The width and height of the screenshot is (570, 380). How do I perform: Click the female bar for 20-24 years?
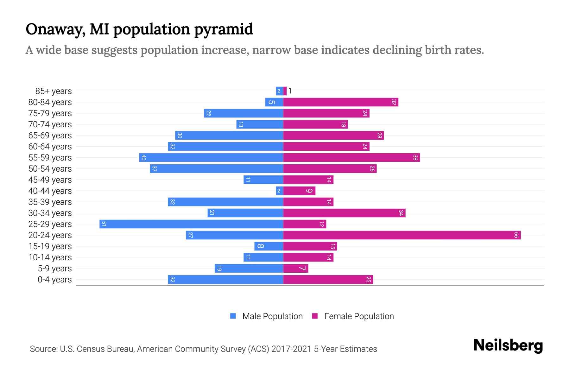point(402,235)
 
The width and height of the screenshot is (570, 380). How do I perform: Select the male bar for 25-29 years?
point(191,224)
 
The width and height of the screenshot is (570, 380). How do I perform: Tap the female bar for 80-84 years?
point(340,102)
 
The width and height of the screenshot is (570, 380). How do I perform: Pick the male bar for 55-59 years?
point(211,157)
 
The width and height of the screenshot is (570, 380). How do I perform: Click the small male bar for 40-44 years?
point(279,191)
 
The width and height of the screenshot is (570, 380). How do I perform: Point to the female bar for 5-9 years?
point(295,268)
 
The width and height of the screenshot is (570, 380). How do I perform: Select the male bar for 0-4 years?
point(225,279)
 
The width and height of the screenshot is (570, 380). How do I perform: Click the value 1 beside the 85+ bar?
point(290,91)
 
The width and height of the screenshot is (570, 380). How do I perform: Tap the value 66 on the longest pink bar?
point(516,235)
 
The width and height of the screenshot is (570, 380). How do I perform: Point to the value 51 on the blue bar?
point(104,224)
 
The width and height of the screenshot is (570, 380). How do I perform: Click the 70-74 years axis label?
point(50,124)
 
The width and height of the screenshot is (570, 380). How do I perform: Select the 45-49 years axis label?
point(50,180)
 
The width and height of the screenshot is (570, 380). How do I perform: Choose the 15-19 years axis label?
point(50,246)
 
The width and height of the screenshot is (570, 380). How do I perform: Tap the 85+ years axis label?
point(54,91)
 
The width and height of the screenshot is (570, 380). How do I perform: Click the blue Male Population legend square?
point(233,316)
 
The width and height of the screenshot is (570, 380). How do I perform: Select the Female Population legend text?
point(359,316)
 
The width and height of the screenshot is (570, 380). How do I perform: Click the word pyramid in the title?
point(223,29)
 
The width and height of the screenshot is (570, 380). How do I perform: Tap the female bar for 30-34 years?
point(344,213)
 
